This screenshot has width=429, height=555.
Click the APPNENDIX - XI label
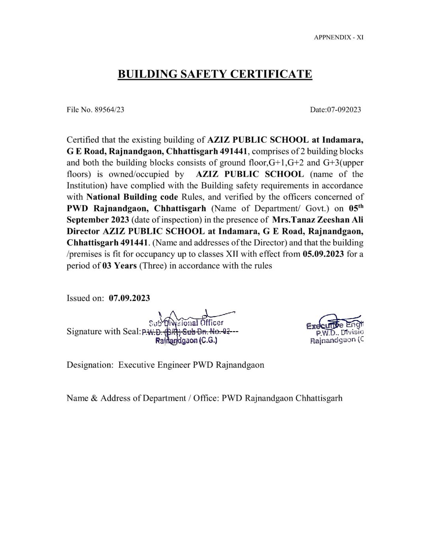coord(339,37)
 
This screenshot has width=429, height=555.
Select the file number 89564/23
coord(109,110)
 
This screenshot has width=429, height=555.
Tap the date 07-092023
coord(343,110)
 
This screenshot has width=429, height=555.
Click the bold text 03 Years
coord(119,265)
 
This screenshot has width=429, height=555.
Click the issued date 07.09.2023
coord(129,298)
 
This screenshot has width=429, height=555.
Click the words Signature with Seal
coord(103,331)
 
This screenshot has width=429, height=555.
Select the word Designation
coord(90,365)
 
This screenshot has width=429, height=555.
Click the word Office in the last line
coord(205,398)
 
